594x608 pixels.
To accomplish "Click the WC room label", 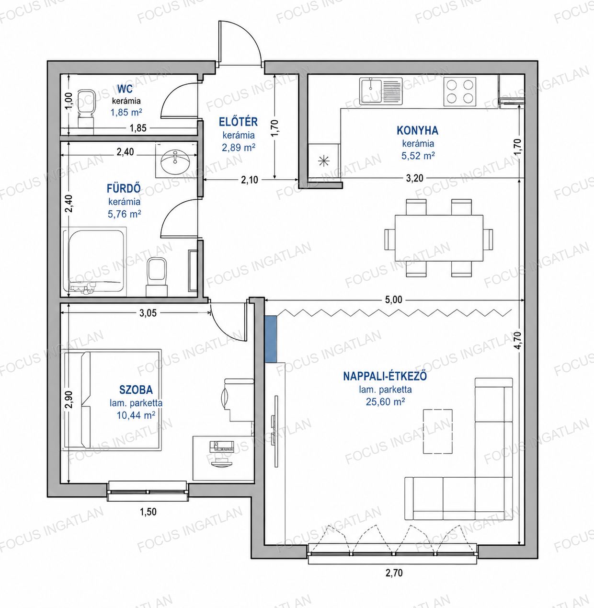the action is (125, 89).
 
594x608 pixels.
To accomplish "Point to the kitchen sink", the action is (381, 91).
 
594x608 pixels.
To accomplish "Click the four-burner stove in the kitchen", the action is (459, 92).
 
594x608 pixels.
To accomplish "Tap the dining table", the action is (439, 238).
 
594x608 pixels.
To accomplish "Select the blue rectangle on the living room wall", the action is (271, 339).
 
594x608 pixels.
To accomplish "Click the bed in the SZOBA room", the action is (113, 400).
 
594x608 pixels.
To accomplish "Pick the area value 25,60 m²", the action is (386, 402).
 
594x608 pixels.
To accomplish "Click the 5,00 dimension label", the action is (393, 300).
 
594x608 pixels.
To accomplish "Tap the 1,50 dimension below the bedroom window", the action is (148, 512).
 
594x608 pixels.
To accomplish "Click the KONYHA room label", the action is (418, 130).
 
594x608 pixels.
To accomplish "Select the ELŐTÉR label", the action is (238, 122).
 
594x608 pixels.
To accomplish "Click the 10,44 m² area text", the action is (136, 415).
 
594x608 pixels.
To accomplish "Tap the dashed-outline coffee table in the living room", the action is (438, 431).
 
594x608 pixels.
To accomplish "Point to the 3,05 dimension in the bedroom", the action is (148, 313).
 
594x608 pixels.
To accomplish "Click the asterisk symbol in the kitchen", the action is (323, 161).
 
